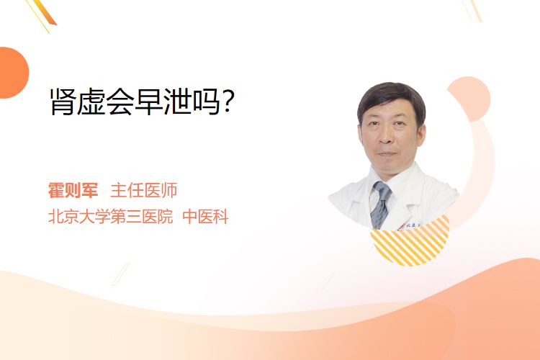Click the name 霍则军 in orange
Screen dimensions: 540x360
coord(73,190)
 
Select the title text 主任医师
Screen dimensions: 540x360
coord(143,190)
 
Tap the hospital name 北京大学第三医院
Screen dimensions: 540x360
coord(110,217)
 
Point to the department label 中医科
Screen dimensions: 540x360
coord(205,217)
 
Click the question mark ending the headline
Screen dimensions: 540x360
coord(228,101)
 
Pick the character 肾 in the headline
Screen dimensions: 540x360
coord(63,102)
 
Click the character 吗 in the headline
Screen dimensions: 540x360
coord(207,102)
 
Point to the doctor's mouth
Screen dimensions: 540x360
coord(387,153)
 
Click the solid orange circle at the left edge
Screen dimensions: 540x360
coord(13,73)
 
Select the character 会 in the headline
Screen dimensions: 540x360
coord(120,102)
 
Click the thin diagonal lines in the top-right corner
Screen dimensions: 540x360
coord(472,10)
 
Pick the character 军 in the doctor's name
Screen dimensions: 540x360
coord(90,190)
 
